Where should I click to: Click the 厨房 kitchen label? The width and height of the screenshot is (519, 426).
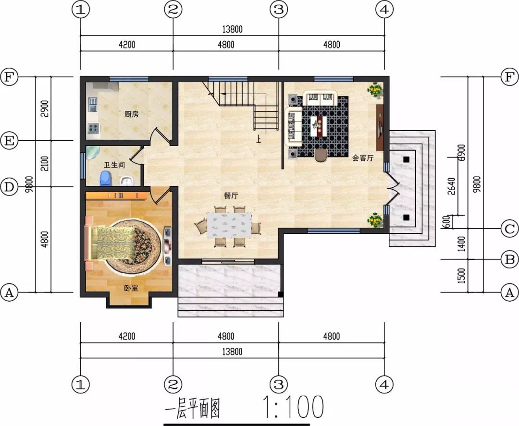131,114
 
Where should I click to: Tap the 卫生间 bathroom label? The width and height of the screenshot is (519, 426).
114,165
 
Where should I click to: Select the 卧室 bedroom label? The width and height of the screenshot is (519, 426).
131,289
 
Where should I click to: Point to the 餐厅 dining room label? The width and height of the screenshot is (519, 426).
231,195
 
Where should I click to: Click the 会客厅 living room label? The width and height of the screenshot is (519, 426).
363,158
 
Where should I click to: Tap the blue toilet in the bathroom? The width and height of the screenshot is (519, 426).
106,178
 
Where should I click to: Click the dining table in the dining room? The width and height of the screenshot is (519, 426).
229,225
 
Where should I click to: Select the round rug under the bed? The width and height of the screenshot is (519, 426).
134,245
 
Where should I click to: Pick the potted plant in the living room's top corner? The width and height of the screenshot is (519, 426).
375,90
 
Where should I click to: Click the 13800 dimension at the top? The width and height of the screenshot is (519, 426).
232,29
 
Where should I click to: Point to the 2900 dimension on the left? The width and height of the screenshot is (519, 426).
45,109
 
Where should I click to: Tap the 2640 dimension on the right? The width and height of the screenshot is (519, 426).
451,186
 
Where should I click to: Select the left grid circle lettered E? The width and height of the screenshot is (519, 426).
9,141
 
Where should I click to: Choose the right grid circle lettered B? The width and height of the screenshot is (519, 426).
510,259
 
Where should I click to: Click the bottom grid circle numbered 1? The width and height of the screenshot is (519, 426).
81,384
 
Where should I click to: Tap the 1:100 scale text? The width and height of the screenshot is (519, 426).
293,406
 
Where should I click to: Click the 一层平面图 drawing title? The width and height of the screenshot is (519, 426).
192,408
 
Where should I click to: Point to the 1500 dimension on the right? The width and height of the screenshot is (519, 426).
461,276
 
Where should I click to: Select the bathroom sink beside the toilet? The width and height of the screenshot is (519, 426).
126,181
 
